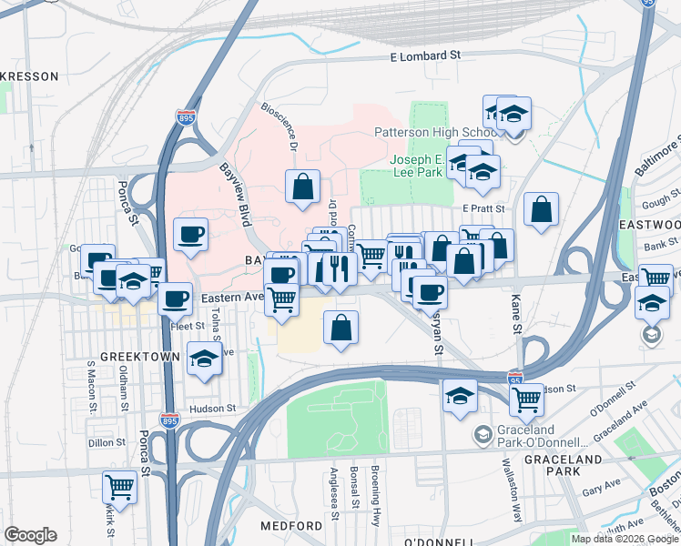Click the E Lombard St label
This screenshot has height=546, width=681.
click(x=424, y=56)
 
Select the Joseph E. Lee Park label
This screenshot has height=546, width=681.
click(x=418, y=165)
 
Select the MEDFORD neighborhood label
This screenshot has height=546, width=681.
click(x=291, y=527)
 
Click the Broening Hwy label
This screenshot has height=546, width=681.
click(x=375, y=488)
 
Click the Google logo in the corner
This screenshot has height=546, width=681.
click(x=31, y=535)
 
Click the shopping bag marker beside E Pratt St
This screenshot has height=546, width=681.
click(x=542, y=209)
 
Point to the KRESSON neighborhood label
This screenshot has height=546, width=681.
click(x=29, y=76)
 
